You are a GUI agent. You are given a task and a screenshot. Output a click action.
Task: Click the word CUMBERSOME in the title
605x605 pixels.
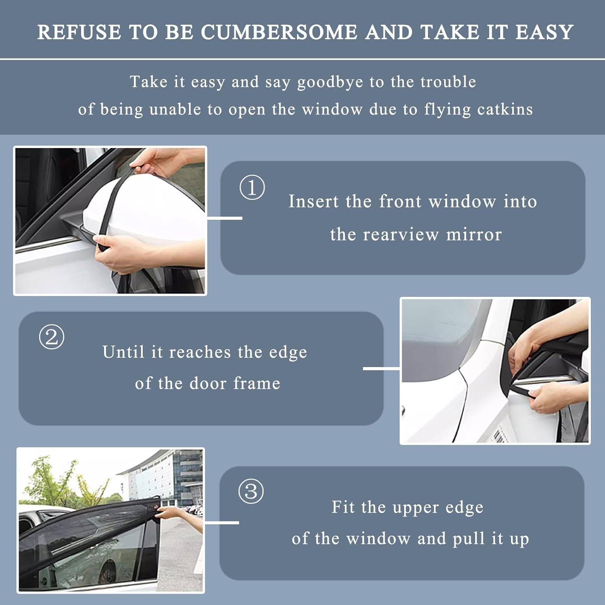[279, 32]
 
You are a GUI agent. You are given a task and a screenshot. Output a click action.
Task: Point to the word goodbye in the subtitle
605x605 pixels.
[330, 82]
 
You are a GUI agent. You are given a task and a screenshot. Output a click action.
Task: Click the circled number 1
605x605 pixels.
[252, 188]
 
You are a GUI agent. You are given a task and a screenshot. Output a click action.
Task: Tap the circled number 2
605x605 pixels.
[52, 337]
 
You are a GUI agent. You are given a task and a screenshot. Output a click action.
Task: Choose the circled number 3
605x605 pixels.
[251, 491]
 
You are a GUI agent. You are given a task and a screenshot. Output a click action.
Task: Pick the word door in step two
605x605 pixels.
[208, 383]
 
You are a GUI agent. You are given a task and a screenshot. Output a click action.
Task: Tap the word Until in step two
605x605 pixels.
[123, 352]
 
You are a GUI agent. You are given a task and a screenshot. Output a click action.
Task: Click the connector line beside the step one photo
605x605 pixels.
[225, 218]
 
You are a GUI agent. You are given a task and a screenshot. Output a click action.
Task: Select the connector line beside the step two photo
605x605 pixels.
[381, 368]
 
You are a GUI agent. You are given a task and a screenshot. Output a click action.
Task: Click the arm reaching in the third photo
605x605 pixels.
[181, 518]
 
